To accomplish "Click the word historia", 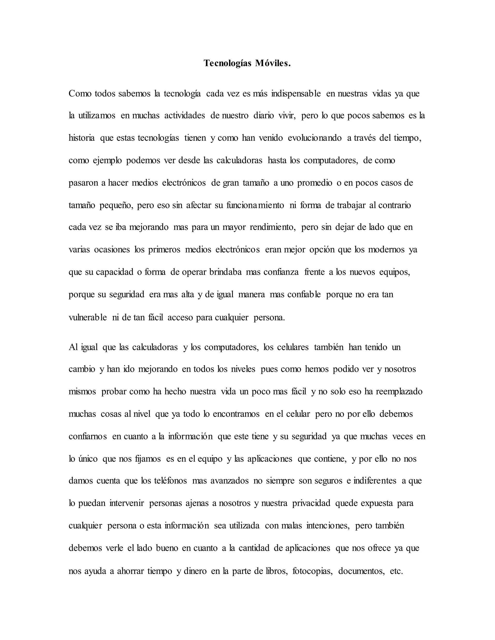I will pos(81,138).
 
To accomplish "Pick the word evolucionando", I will pos(315,138).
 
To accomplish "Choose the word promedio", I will pos(315,183).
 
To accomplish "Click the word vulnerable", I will pos(88,317).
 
